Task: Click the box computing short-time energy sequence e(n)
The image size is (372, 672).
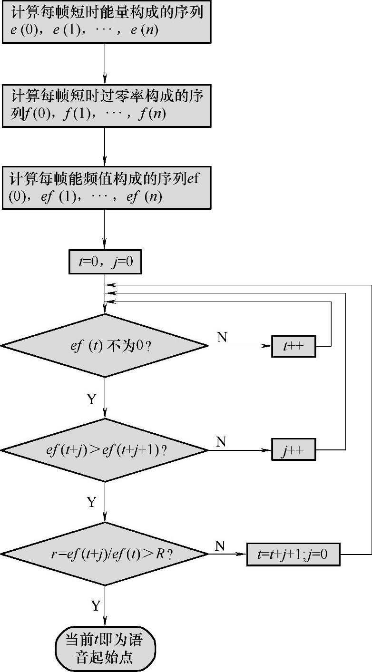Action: (x=105, y=22)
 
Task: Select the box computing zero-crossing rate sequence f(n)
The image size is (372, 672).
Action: (x=105, y=106)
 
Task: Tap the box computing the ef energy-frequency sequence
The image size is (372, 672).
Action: (x=105, y=187)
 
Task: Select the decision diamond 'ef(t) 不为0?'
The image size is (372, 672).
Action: (x=104, y=346)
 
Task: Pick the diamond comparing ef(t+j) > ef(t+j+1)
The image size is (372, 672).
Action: (x=104, y=450)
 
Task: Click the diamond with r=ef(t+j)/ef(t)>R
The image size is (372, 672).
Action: (x=104, y=554)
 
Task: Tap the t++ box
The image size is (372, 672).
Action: (x=294, y=346)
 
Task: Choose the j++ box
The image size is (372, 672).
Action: (x=294, y=450)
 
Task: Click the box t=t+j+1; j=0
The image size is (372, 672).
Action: (x=294, y=554)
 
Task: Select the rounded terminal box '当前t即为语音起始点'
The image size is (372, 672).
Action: (x=105, y=648)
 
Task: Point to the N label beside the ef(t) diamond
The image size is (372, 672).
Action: (x=222, y=337)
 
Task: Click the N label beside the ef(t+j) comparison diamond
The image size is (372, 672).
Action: (x=221, y=442)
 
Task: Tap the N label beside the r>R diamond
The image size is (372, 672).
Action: (x=220, y=546)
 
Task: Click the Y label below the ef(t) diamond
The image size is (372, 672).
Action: (x=92, y=399)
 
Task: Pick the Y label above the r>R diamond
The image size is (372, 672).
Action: (x=91, y=502)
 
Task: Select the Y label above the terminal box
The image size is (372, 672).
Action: (x=96, y=605)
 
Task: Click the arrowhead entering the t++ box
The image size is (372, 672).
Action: (x=268, y=346)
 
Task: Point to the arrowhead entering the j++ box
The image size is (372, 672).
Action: (x=268, y=450)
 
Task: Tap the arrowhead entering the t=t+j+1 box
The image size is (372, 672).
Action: (x=243, y=554)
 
